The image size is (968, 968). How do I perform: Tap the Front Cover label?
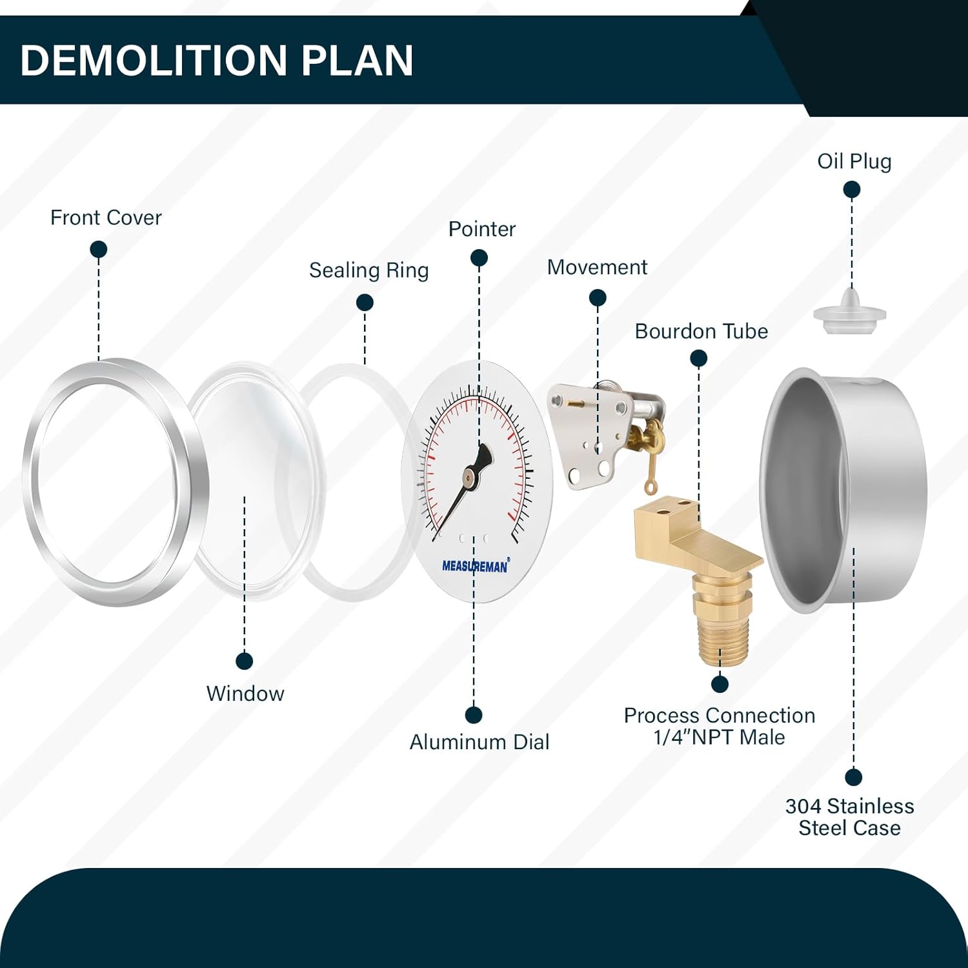click(106, 217)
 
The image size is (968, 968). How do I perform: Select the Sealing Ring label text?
click(369, 270)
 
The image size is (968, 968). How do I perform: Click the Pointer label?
click(482, 229)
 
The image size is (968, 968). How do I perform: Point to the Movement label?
click(597, 267)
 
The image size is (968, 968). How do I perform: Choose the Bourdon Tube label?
click(701, 331)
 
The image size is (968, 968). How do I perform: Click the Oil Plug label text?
click(854, 161)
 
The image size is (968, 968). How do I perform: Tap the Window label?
click(245, 694)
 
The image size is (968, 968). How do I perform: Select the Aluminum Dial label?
click(479, 742)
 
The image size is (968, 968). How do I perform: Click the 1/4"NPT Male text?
click(720, 737)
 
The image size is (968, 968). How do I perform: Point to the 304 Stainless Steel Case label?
click(850, 817)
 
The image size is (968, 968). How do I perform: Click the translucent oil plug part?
click(850, 311)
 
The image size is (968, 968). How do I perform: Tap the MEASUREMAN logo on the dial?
click(476, 566)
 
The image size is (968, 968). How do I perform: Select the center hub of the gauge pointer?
click(469, 477)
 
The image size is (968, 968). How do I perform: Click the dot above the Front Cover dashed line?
click(99, 249)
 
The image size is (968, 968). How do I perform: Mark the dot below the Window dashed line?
click(245, 661)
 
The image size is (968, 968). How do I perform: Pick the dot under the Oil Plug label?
click(852, 189)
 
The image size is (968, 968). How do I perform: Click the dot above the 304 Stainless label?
click(854, 777)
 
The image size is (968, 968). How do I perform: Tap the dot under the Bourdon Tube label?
click(699, 358)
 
